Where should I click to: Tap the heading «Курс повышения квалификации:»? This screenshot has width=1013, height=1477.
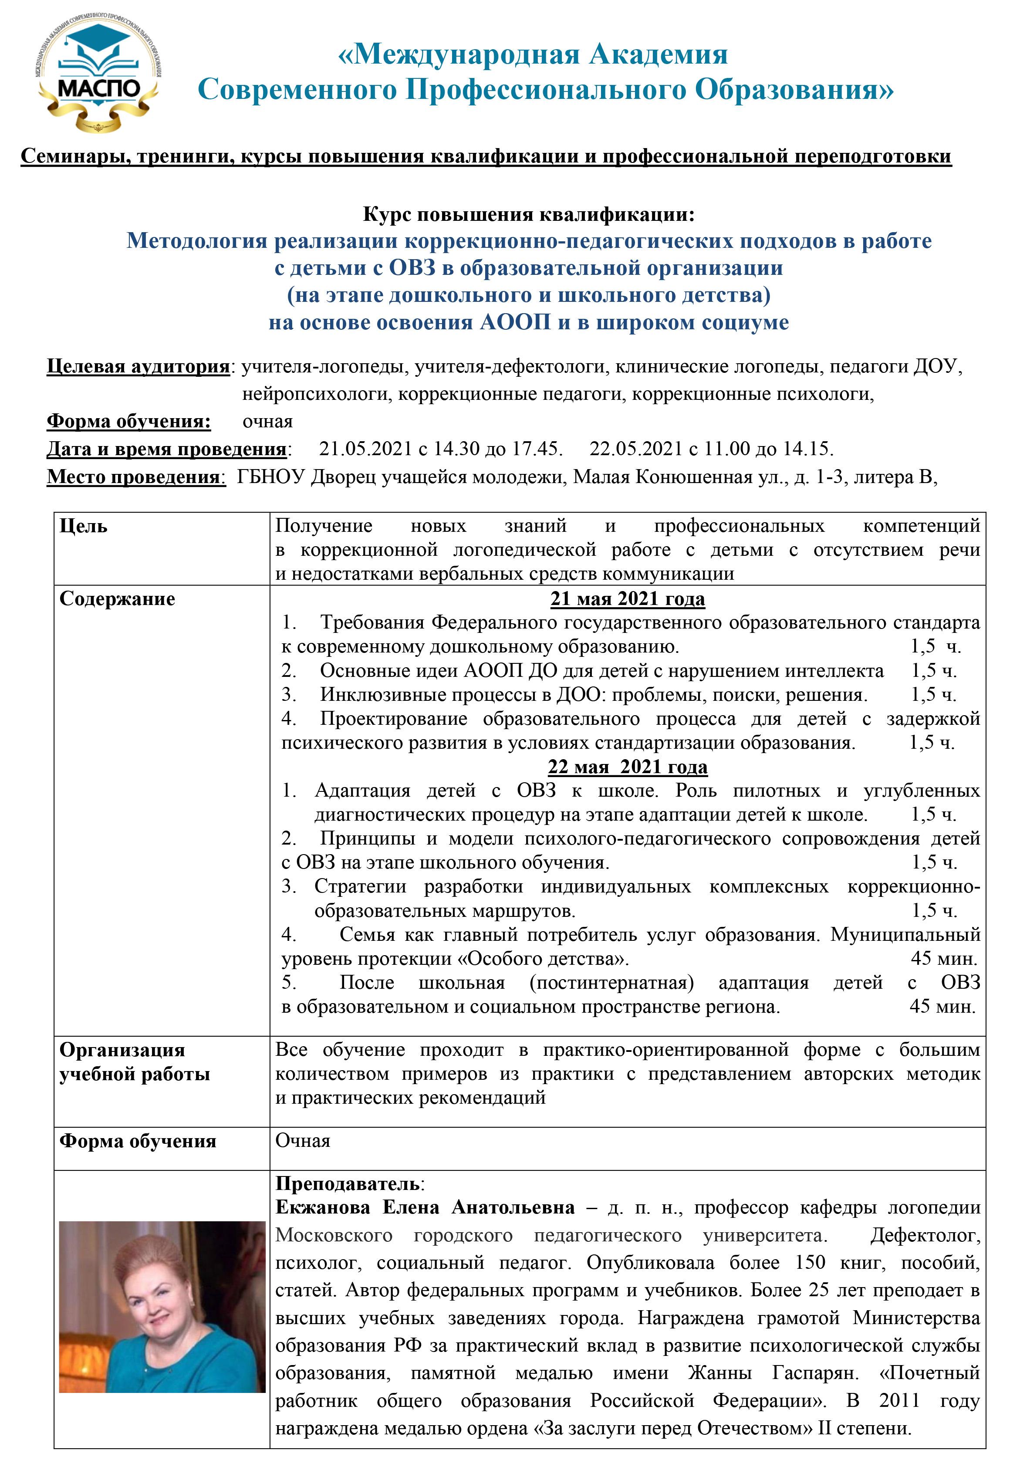tap(529, 215)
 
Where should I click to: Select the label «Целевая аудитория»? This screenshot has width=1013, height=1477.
tap(138, 367)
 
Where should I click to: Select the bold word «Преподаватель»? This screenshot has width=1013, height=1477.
tap(347, 1183)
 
